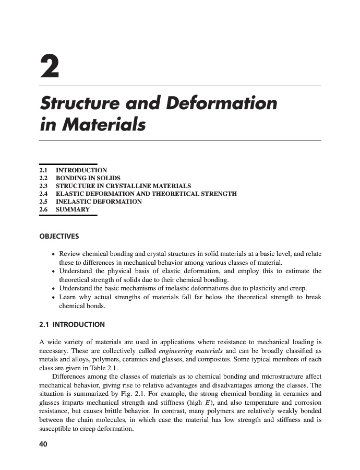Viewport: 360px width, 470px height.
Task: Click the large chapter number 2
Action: coord(50,66)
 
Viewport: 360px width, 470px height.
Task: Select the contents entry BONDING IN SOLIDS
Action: coord(88,178)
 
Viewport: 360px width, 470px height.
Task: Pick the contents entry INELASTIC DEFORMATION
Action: coord(99,202)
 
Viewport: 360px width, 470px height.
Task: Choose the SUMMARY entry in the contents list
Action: coord(73,209)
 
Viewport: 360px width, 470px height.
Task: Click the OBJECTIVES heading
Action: coord(59,236)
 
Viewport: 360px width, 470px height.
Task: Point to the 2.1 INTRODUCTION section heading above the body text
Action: coord(72,324)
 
